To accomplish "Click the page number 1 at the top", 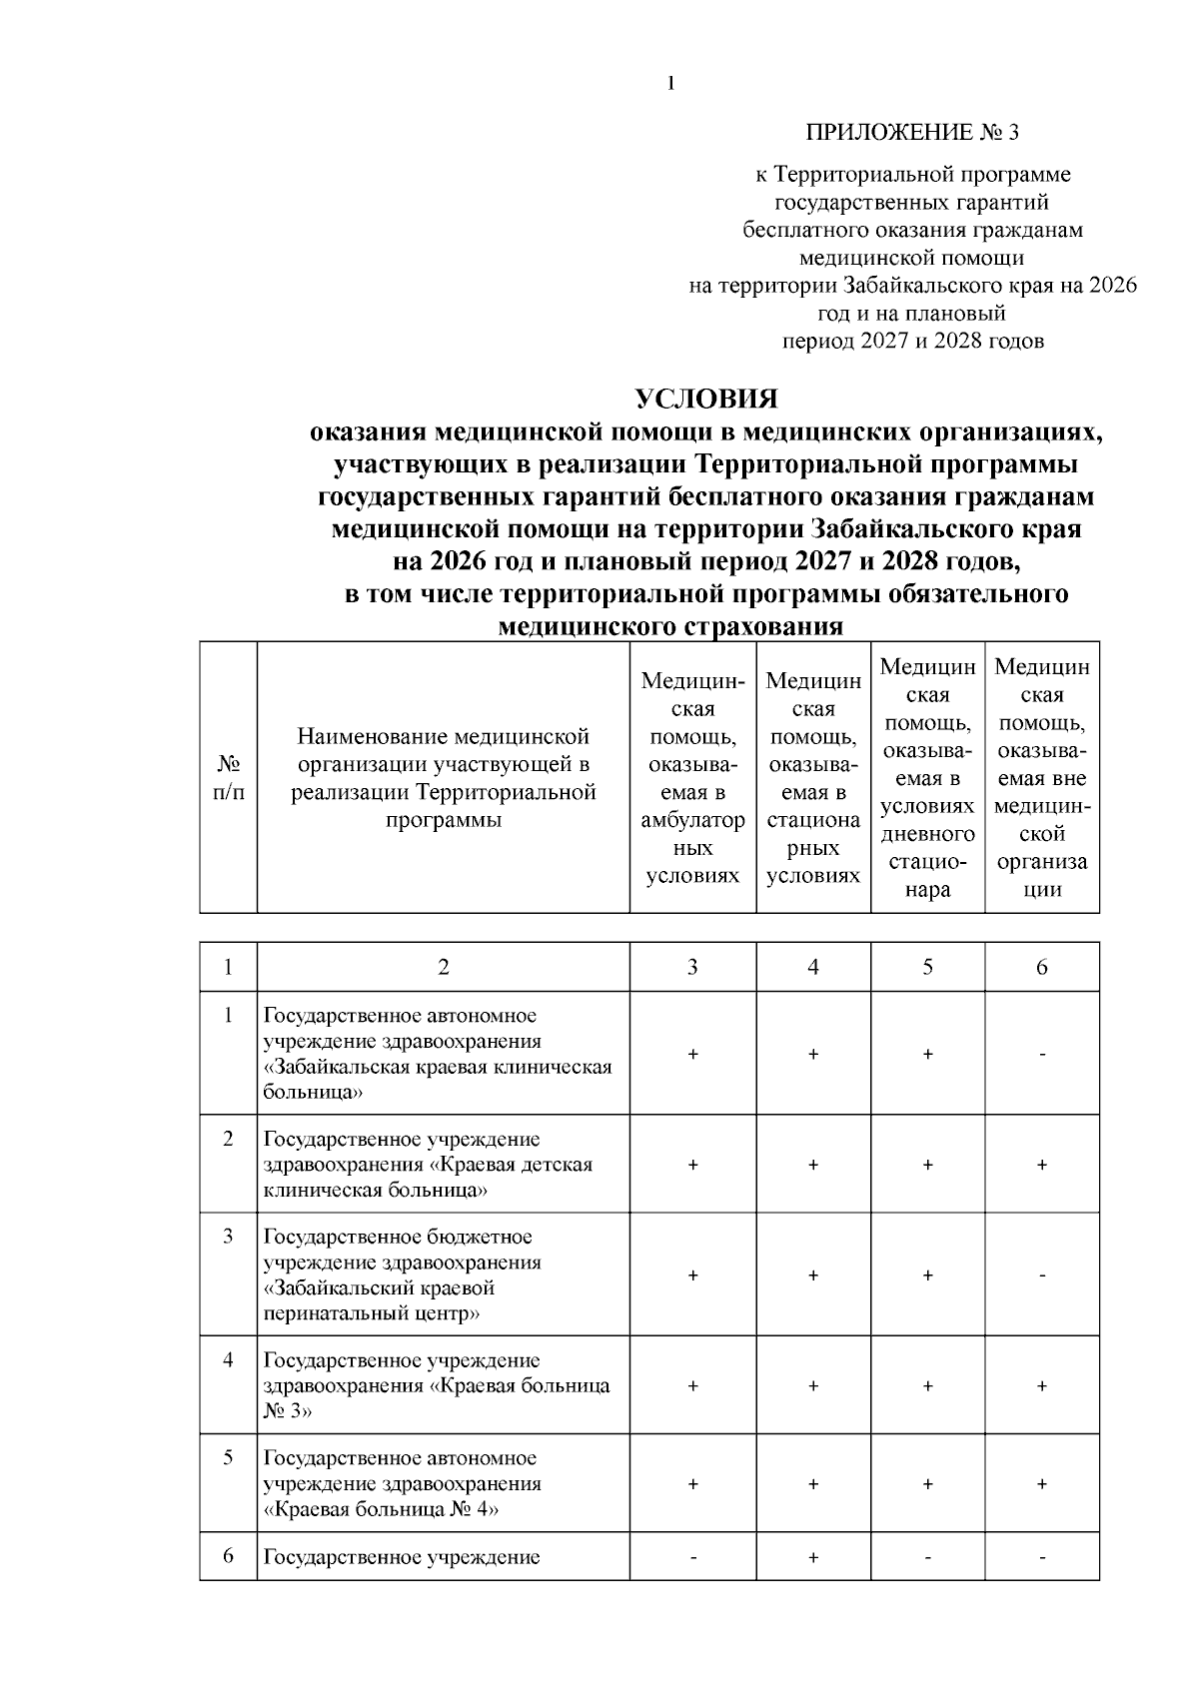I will click(x=671, y=84).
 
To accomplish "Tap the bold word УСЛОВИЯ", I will click(x=706, y=400).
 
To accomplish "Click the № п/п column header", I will click(x=229, y=778).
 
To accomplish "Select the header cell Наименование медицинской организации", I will click(x=444, y=778).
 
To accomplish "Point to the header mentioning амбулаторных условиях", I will click(x=692, y=778).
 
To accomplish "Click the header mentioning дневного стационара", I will click(x=927, y=778).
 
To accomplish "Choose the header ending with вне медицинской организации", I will click(x=1042, y=778).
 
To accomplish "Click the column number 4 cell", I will click(x=813, y=967).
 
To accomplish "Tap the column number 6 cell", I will click(x=1042, y=967).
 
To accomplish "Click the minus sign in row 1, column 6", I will click(x=1042, y=1055).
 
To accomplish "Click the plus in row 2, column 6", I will click(x=1042, y=1166).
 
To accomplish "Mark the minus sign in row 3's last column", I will click(x=1042, y=1276).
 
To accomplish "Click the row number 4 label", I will click(x=229, y=1360).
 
